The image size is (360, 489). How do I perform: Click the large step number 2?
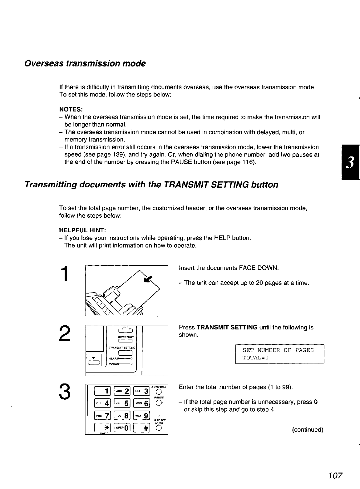[64, 333]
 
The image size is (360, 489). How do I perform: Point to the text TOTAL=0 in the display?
[256, 358]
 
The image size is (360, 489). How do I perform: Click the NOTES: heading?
[71, 110]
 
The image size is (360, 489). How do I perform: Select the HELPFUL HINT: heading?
[83, 230]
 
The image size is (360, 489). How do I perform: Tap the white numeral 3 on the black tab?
[351, 163]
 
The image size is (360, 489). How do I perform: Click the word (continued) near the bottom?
[308, 430]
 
